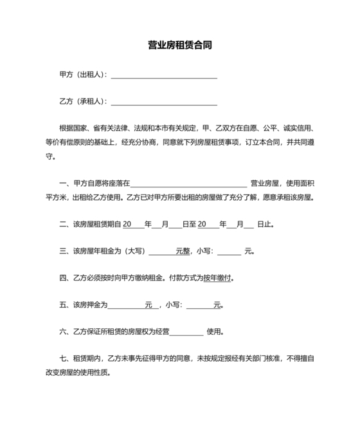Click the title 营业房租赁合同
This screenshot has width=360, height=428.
[x=180, y=46]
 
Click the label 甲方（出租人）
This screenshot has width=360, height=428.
[x=82, y=75]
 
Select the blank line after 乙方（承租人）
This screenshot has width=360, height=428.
[x=164, y=102]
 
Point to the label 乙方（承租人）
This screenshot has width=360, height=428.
[x=82, y=102]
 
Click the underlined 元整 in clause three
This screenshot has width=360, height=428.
[x=183, y=252]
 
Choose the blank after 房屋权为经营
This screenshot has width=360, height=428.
[x=186, y=333]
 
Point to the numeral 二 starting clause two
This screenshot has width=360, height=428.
[x=62, y=225]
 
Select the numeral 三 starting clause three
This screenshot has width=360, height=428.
[x=62, y=252]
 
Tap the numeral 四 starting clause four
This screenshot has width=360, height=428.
[x=62, y=279]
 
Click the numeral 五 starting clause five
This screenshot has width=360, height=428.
[x=62, y=306]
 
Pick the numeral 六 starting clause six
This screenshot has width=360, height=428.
[x=62, y=333]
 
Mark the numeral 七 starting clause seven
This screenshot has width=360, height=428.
[x=62, y=360]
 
